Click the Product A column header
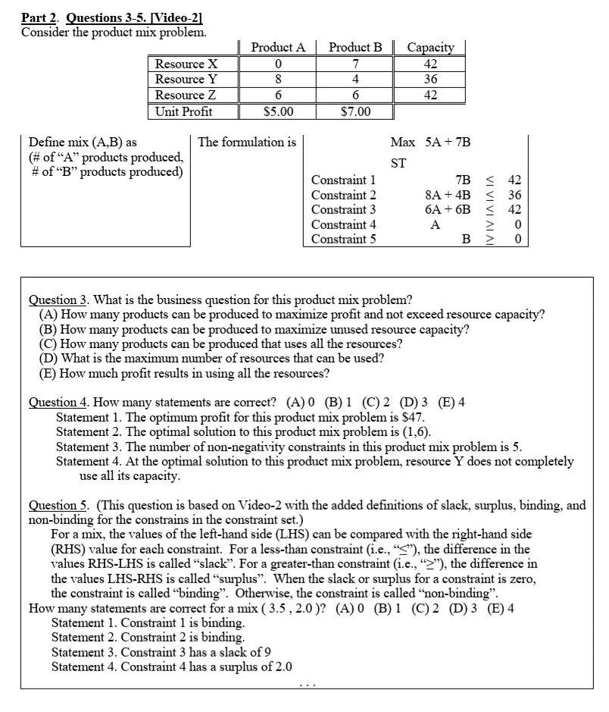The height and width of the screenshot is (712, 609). pos(278,47)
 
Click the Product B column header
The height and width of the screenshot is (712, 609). pos(355,47)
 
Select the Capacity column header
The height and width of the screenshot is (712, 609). pos(430,47)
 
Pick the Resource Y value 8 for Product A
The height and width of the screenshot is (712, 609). pos(278,80)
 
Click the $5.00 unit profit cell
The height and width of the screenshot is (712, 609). pos(278,112)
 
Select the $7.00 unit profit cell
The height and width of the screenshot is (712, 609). pos(355,112)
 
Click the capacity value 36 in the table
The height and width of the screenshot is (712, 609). pos(430,80)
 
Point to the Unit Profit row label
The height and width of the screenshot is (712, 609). pos(183,112)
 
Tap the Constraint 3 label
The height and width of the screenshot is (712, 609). pos(343,209)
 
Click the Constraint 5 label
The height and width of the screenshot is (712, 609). pos(343,239)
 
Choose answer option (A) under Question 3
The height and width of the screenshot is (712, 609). pos(292,315)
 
